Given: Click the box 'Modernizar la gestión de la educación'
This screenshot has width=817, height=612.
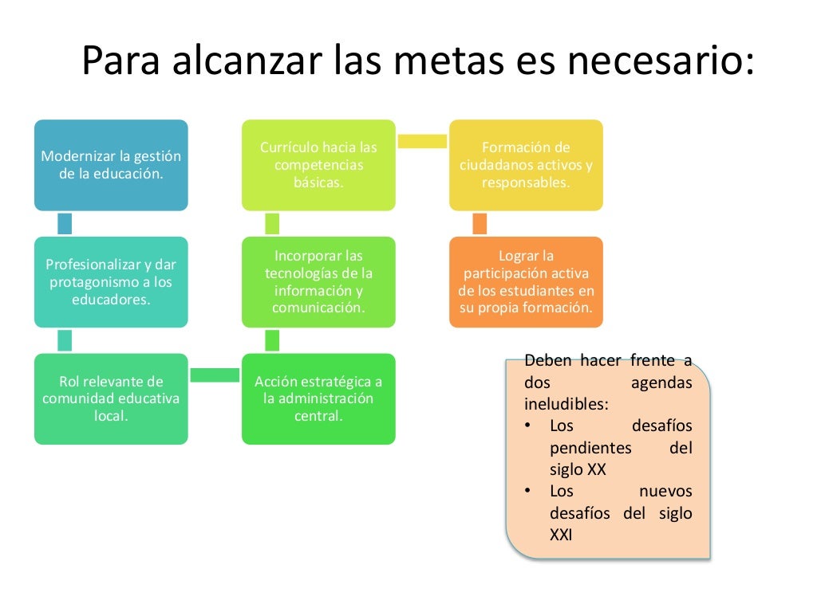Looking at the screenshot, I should click(111, 165).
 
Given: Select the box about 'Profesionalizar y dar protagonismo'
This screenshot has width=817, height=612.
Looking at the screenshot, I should click(111, 282).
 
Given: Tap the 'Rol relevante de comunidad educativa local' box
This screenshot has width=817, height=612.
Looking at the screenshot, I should click(111, 398).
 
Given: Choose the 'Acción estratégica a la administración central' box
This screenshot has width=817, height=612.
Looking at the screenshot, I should click(318, 398).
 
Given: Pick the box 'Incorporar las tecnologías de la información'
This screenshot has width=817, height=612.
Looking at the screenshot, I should click(318, 282).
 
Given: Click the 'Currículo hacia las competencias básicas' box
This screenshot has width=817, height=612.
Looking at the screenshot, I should click(318, 165).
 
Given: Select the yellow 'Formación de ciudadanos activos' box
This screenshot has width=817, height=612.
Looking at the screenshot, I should click(526, 165).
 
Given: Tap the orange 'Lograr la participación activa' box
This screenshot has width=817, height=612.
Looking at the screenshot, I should click(526, 282).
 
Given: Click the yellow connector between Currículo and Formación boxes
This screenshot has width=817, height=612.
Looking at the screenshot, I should click(422, 141).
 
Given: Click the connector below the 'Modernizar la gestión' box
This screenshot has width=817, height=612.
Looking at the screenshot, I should click(65, 224).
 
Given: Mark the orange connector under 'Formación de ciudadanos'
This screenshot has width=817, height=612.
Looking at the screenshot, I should click(480, 224).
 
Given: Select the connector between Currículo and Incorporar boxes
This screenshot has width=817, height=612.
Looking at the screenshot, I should click(272, 224).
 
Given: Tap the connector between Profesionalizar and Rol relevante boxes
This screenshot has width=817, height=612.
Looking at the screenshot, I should click(65, 340).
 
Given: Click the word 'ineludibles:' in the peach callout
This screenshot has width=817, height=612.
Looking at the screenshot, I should click(566, 404).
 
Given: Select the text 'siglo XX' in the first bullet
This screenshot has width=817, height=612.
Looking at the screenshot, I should click(578, 469).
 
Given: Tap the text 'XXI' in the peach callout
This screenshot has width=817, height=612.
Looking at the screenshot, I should click(562, 535).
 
